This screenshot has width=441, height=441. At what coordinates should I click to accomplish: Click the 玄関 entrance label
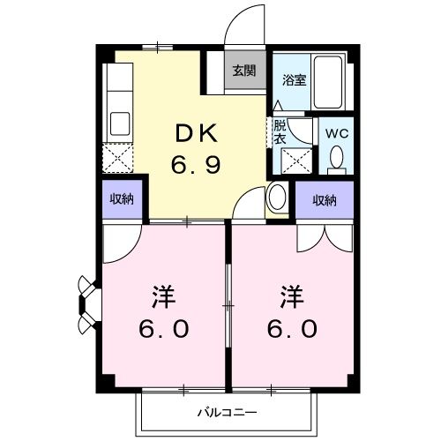point(245,71)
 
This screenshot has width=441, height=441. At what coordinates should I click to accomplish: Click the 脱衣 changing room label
point(280,131)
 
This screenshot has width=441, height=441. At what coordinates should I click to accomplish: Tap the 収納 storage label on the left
point(122,198)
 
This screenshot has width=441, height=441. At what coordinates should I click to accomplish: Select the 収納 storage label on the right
point(324,200)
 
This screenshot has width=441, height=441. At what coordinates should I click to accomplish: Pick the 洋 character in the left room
point(163,294)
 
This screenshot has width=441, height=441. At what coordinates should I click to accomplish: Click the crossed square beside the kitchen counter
point(117,160)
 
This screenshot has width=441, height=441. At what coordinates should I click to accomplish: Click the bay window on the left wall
point(87,305)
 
